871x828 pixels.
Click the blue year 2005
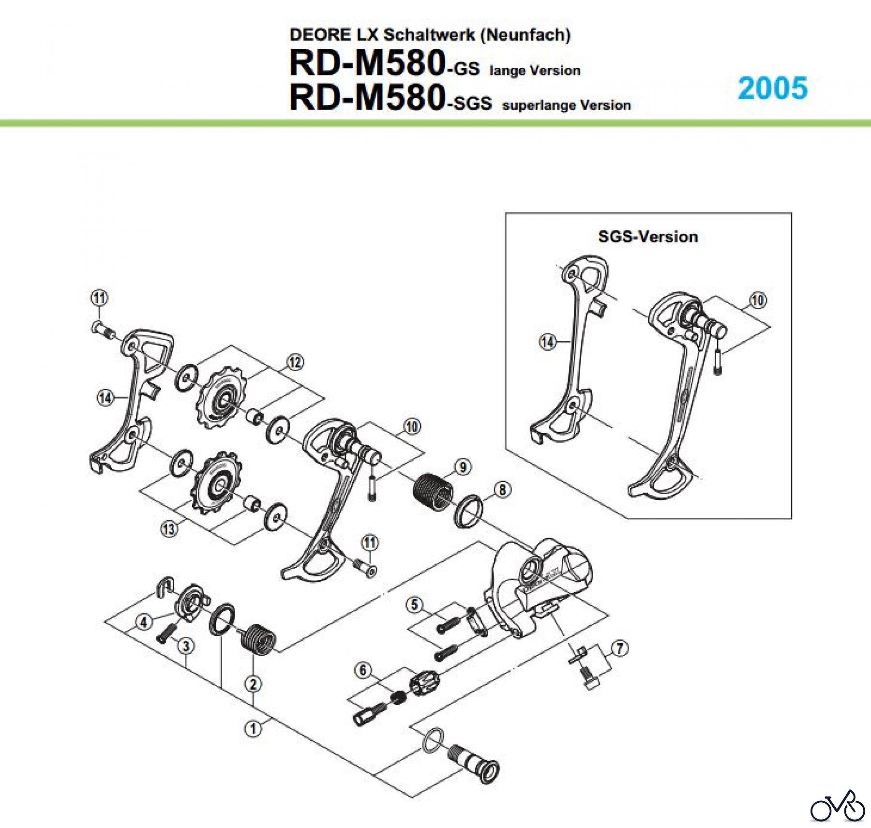tap(772, 88)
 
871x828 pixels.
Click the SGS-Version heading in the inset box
tap(648, 237)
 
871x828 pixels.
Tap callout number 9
tap(463, 467)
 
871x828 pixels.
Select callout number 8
tap(502, 490)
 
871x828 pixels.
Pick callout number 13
tap(169, 528)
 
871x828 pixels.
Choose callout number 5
tap(414, 605)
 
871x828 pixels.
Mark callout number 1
tap(253, 729)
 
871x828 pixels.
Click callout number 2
tap(253, 684)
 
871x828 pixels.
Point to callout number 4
tap(144, 622)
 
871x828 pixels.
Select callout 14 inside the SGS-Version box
tap(547, 342)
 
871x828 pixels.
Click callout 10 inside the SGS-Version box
tap(758, 300)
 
